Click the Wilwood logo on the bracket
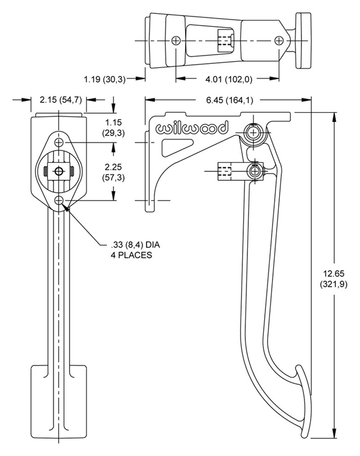tap(192, 129)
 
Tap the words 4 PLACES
tap(131, 255)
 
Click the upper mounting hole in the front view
tap(59, 143)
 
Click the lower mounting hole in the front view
tap(59, 200)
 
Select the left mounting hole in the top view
tap(175, 41)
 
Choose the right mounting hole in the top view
tap(279, 41)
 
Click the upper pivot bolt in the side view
tap(254, 133)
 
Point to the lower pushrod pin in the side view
tap(254, 171)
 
